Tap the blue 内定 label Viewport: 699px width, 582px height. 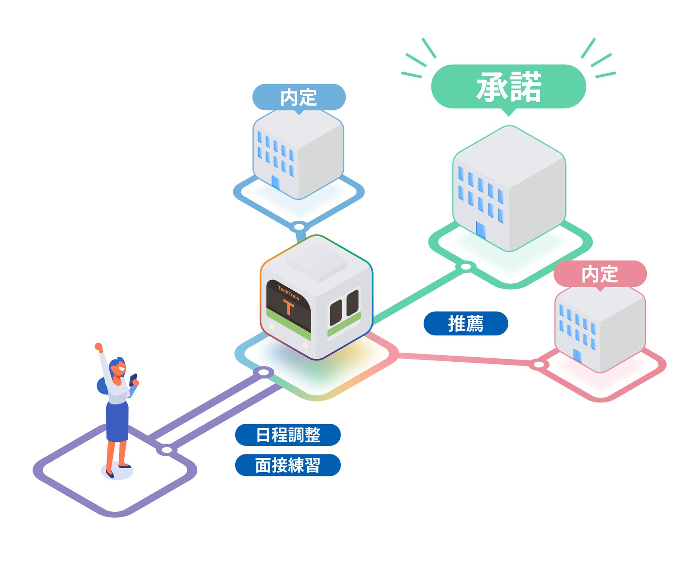(x=299, y=97)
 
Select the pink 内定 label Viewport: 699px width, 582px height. (x=600, y=274)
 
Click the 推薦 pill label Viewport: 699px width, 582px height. (x=466, y=323)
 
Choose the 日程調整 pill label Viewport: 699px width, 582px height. (x=288, y=435)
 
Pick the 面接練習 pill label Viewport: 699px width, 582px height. (x=288, y=465)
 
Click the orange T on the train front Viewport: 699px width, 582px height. (x=288, y=307)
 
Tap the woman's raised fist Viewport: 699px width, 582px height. (x=99, y=347)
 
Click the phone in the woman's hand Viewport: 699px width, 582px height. (x=133, y=379)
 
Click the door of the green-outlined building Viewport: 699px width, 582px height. (x=481, y=230)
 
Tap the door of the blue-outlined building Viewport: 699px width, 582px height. (x=275, y=182)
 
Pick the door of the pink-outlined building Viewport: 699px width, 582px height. (x=577, y=356)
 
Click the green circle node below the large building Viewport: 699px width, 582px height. (x=466, y=267)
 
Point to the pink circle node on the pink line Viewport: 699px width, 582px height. (x=538, y=365)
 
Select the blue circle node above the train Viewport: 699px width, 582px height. (x=299, y=226)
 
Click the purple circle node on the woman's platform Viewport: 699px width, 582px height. (x=167, y=450)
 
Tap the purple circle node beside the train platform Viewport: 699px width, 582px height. (x=263, y=372)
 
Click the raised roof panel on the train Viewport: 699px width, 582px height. (x=317, y=260)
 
